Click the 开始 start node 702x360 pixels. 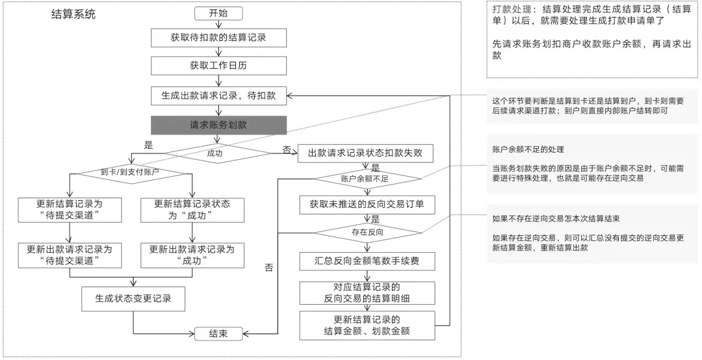[x=218, y=14]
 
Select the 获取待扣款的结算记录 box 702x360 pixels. [x=218, y=38]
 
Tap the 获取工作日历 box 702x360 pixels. [x=218, y=66]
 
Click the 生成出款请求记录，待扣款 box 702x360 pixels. [x=218, y=95]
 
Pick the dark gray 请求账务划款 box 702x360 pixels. [x=218, y=124]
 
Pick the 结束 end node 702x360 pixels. [x=218, y=334]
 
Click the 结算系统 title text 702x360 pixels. [x=73, y=14]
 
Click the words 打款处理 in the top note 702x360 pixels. [x=508, y=9]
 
